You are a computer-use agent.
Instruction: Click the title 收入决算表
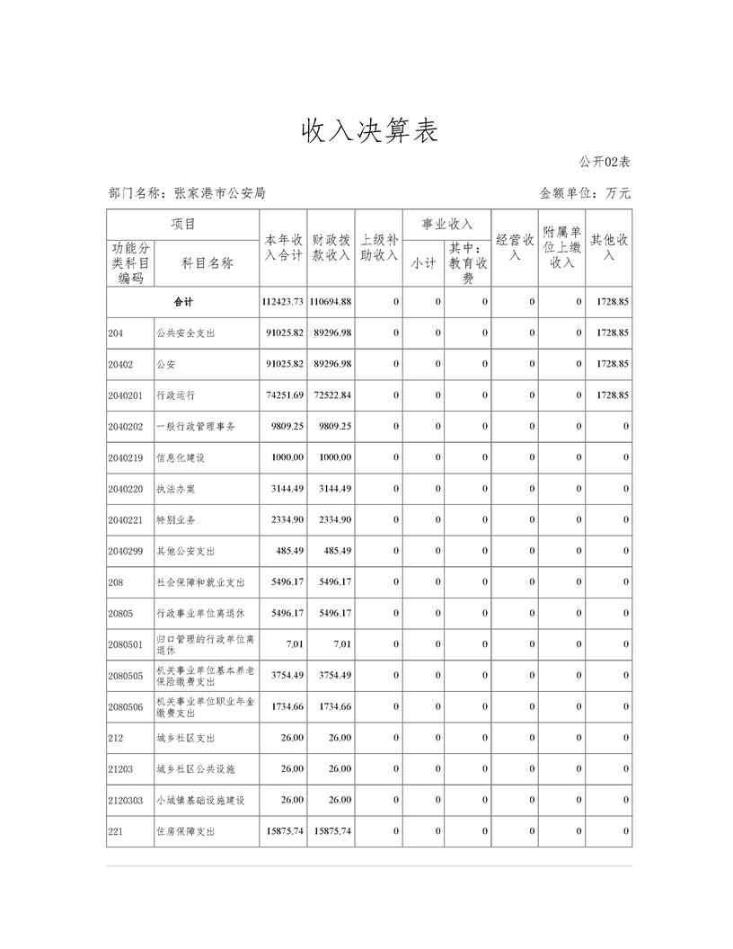tap(369, 131)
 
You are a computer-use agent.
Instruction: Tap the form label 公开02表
tap(605, 162)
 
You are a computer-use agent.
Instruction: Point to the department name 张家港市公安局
tap(220, 192)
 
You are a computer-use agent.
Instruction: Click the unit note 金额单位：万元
tap(585, 192)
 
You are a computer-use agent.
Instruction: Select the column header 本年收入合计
tap(283, 248)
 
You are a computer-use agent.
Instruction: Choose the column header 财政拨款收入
tap(331, 248)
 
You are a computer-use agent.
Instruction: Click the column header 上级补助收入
tap(378, 248)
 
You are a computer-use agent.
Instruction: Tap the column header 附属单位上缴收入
tap(561, 247)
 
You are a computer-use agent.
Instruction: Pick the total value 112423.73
tap(282, 302)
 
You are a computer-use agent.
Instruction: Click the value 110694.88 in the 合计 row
tap(331, 302)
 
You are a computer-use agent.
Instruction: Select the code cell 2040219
tap(125, 457)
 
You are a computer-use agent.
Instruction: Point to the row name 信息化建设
tap(181, 457)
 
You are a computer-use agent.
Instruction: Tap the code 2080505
tap(125, 676)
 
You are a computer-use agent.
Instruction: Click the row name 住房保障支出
tap(186, 831)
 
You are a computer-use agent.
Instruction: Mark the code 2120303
tap(125, 800)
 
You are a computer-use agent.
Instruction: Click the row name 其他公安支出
tap(186, 551)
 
